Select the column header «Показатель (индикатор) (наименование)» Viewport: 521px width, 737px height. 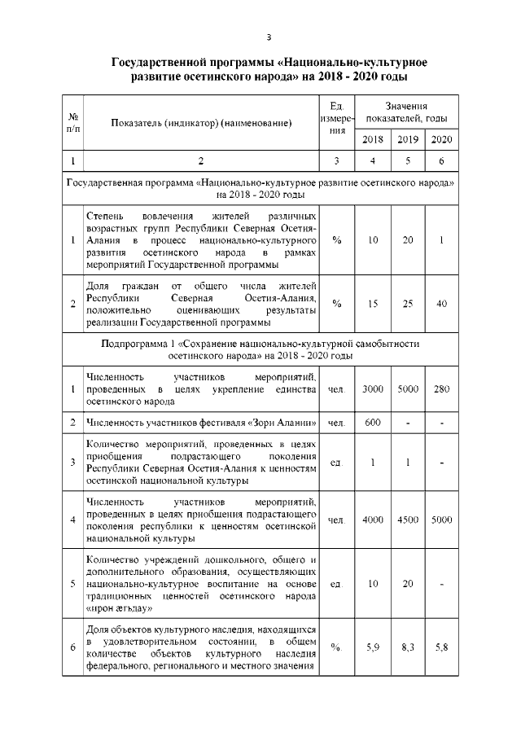[x=200, y=123]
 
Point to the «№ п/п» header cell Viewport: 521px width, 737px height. [x=73, y=123]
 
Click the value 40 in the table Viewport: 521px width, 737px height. [x=441, y=304]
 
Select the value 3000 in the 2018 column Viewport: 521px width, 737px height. [x=373, y=390]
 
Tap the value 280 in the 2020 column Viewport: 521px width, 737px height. [x=441, y=390]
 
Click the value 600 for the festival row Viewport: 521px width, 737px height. [x=373, y=423]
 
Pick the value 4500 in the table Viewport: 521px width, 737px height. [x=408, y=520]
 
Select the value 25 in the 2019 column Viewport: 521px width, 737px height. [x=408, y=304]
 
